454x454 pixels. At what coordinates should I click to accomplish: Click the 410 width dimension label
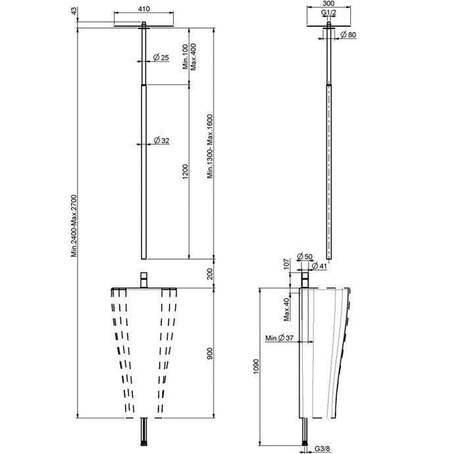[x=143, y=9]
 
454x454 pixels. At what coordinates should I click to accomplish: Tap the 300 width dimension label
[x=328, y=3]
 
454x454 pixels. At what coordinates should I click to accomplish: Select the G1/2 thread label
[x=328, y=13]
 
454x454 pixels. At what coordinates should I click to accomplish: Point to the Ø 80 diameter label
[x=348, y=35]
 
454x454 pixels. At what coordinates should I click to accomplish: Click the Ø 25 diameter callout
[x=161, y=58]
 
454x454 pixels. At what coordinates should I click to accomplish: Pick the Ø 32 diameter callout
[x=162, y=141]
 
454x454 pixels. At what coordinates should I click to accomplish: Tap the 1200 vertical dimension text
[x=186, y=172]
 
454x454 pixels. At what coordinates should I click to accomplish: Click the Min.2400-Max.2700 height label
[x=74, y=226]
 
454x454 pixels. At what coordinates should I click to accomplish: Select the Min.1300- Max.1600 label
[x=210, y=147]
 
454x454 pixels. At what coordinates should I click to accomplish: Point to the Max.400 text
[x=193, y=57]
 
